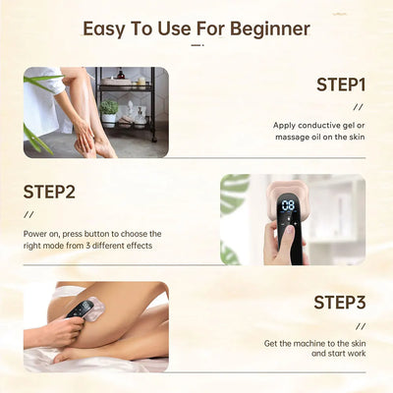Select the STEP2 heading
(50, 191)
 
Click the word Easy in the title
(107, 28)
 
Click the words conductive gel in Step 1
(328, 126)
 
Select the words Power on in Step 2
(44, 233)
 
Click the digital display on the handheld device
(288, 207)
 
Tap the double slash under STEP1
(360, 107)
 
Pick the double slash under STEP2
(28, 214)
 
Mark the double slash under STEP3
(360, 324)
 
